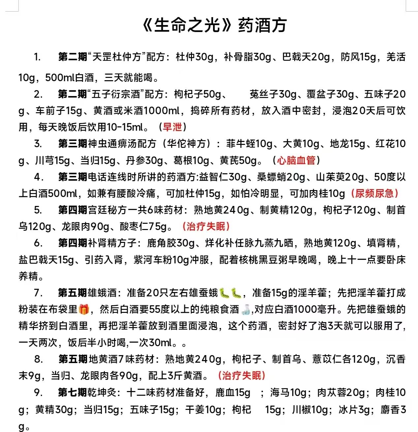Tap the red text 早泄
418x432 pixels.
pos(172,127)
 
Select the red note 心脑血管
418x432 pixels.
pos(296,160)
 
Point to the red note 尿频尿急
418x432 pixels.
pos(374,193)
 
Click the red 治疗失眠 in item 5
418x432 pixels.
pos(206,226)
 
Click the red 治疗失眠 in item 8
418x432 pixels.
pos(241,376)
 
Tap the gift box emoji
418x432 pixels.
pos(84,309)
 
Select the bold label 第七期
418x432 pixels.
pos(73,392)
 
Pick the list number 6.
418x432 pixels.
pos(38,243)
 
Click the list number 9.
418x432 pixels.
pos(38,392)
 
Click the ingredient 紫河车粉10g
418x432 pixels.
pos(171,260)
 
